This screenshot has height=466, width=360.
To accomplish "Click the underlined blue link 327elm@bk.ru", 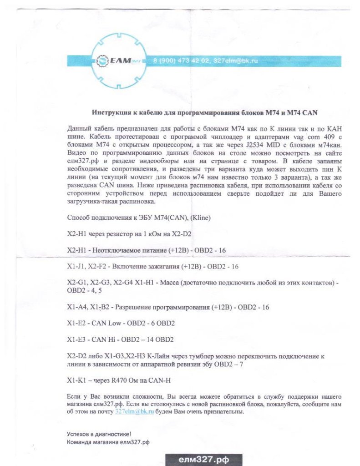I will coord(128,411).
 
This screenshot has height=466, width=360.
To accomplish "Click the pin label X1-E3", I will coord(75,339).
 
